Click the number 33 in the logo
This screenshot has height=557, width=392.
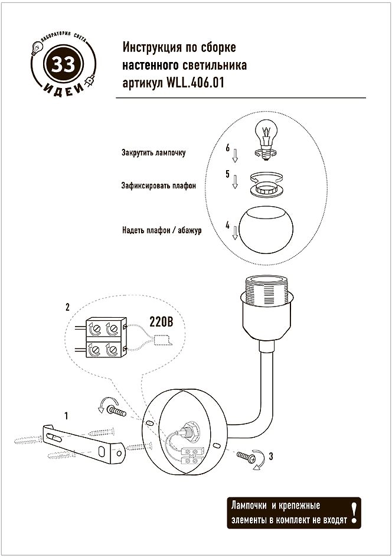tap(61, 64)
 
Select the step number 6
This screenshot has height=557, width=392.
tap(227, 148)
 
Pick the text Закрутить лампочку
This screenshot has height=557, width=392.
tap(154, 152)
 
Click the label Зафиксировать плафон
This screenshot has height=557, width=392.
tap(159, 185)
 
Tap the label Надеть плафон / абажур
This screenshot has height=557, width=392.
tap(162, 230)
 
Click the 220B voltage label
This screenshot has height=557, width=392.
tap(160, 323)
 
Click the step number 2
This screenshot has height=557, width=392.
tap(68, 308)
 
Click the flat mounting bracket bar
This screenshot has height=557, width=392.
tap(82, 441)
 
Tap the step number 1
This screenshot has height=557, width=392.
tap(66, 416)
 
